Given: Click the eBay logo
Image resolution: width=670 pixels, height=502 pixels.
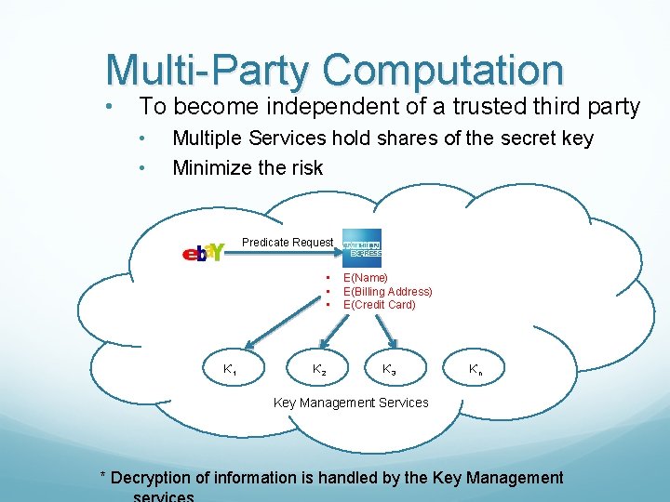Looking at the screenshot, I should [x=202, y=252].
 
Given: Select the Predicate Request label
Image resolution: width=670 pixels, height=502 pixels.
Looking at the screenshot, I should [x=288, y=243].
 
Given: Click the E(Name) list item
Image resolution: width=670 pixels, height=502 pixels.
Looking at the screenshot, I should [x=366, y=277].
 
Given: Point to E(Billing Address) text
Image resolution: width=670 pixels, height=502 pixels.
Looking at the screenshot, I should [x=387, y=291].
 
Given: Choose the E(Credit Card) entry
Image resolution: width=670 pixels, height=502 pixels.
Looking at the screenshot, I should [x=379, y=304].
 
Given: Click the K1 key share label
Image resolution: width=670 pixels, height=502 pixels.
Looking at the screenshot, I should [x=229, y=370].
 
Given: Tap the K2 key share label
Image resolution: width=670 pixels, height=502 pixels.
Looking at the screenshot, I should [x=319, y=370].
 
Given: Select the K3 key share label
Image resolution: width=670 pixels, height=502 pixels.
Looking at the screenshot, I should [x=389, y=370].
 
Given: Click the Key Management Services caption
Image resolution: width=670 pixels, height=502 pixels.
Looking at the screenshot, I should [x=351, y=403].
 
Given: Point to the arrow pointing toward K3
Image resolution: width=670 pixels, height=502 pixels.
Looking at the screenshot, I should [x=382, y=329].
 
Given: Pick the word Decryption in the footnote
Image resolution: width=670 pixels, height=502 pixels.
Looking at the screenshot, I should [x=152, y=478].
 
